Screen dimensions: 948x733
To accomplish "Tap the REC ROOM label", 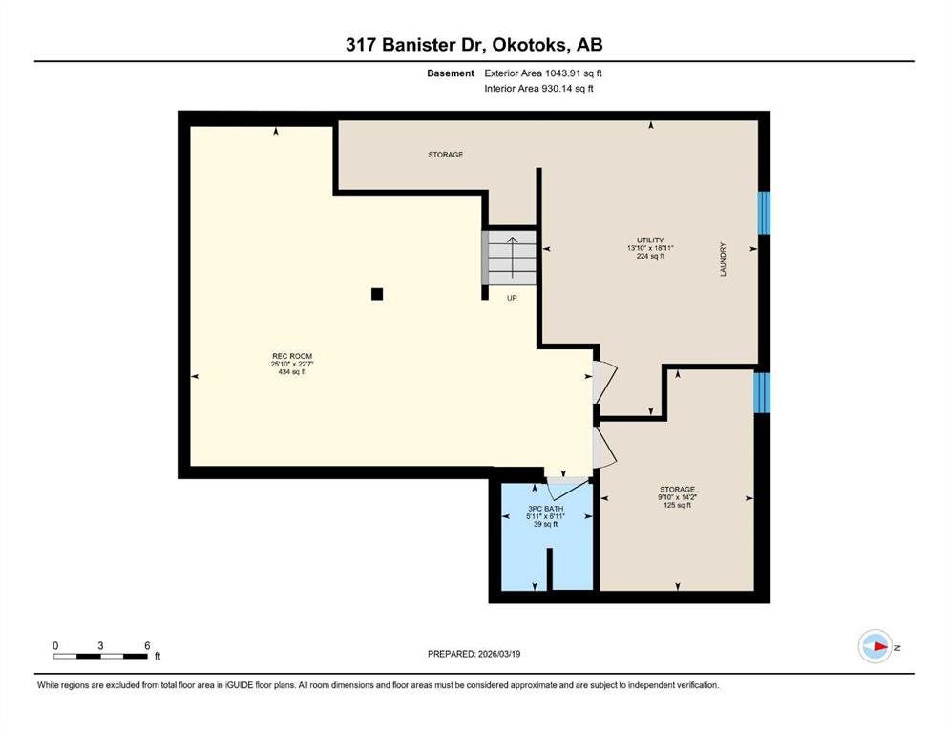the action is [292, 357].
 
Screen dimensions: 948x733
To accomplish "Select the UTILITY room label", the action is [650, 241].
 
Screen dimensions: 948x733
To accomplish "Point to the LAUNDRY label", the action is [723, 260].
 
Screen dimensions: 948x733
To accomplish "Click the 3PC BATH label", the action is [545, 509].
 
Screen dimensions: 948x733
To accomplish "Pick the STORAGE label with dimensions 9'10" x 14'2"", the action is [677, 490].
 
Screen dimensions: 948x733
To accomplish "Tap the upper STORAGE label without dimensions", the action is [446, 155].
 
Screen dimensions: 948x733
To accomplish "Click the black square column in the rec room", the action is [377, 294].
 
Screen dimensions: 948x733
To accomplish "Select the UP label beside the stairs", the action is [512, 298].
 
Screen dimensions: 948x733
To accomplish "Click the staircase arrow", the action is [512, 258].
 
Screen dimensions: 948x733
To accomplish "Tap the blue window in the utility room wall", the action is [764, 213].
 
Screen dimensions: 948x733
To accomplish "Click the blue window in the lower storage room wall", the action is [762, 392].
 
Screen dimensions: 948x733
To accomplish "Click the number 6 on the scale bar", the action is [147, 645].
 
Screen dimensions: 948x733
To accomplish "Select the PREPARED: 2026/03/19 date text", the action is [474, 654].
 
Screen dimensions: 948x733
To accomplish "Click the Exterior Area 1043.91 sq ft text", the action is [543, 73].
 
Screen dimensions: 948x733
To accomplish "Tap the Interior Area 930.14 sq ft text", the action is [538, 89].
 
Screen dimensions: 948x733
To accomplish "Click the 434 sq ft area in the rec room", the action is [292, 372].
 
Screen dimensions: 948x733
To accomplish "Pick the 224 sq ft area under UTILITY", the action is [650, 256].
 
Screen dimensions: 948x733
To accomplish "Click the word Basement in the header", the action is [451, 73].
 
